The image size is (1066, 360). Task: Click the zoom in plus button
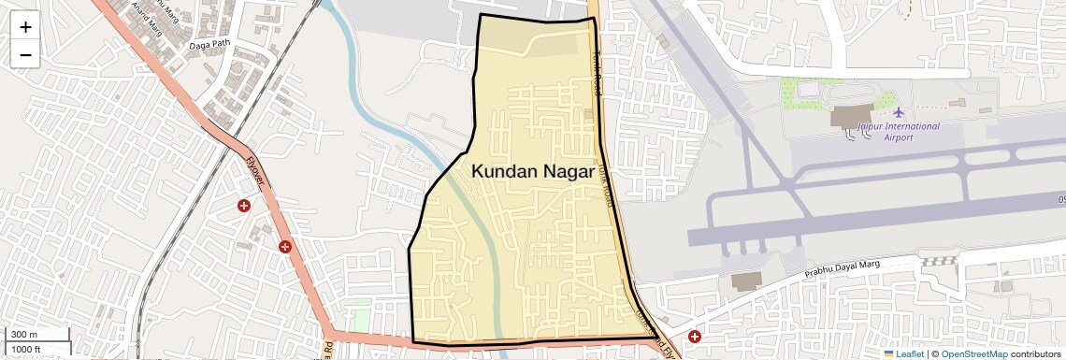[25, 27]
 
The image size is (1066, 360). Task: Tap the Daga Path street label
[209, 44]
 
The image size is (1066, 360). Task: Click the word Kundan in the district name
[503, 171]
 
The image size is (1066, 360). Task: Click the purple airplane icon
[899, 113]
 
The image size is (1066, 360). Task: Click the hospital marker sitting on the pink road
[285, 247]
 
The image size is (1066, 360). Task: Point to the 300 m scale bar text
[25, 335]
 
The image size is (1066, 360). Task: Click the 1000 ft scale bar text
[27, 349]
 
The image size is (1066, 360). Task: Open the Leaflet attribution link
[910, 353]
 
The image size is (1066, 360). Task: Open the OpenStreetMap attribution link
[973, 353]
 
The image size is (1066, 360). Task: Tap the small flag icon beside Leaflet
[889, 353]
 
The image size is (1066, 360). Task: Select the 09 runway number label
[1060, 198]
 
